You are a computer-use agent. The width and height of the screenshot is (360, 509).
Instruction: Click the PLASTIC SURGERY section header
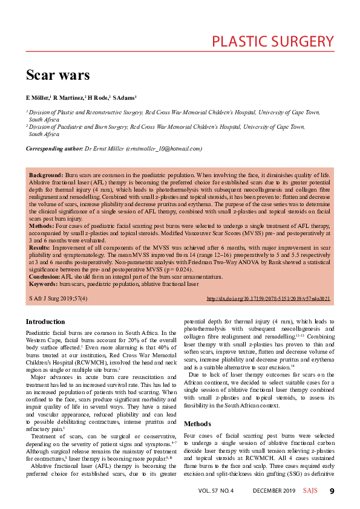point(273,42)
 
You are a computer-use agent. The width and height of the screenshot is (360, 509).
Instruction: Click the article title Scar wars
point(57,75)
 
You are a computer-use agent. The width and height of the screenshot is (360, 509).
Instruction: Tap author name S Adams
point(125,97)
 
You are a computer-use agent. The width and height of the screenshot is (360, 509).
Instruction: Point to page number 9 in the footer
point(332,491)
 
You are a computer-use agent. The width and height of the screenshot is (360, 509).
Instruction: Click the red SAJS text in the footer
point(310,491)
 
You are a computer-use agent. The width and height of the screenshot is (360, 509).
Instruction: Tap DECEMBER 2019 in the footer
point(274,491)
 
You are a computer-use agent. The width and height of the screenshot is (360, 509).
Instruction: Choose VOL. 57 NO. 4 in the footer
point(215,491)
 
